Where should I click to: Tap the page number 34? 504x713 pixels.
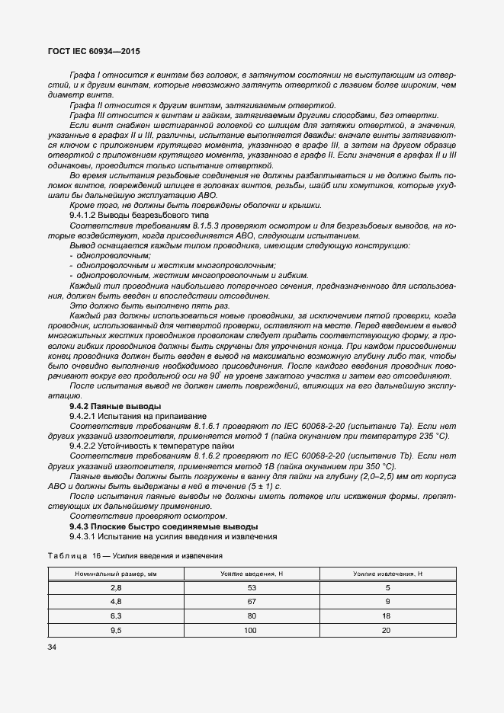[x=53, y=647]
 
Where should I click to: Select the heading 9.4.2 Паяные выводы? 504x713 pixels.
[x=115, y=406]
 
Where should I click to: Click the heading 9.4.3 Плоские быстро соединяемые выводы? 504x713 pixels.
[x=163, y=526]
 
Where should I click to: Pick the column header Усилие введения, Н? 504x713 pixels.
[x=252, y=573]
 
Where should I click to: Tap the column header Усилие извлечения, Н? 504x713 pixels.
[x=387, y=573]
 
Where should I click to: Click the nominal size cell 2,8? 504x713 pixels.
[x=116, y=587]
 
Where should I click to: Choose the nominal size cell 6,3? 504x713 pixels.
[x=116, y=615]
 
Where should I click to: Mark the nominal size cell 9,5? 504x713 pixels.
[x=116, y=630]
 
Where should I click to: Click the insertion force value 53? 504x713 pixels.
[x=252, y=587]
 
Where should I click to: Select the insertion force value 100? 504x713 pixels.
[x=252, y=630]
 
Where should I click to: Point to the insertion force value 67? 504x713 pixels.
[x=252, y=601]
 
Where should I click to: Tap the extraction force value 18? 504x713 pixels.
[x=387, y=615]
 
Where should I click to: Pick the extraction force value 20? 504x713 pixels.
[x=387, y=630]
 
